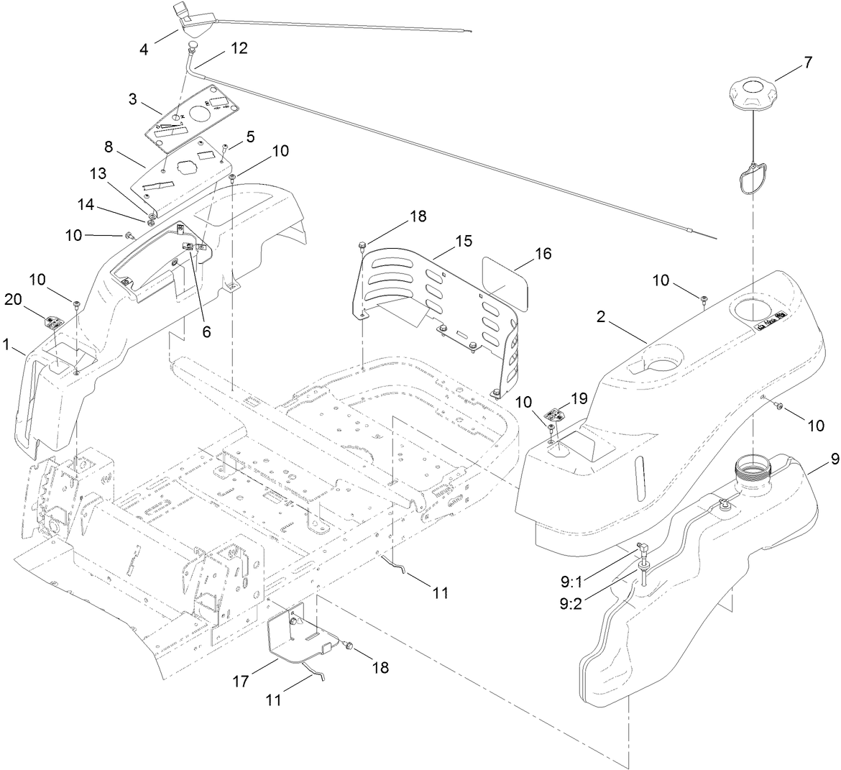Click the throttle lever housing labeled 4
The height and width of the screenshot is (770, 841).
coord(189,17)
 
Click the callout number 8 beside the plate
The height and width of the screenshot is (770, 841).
coord(109,147)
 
